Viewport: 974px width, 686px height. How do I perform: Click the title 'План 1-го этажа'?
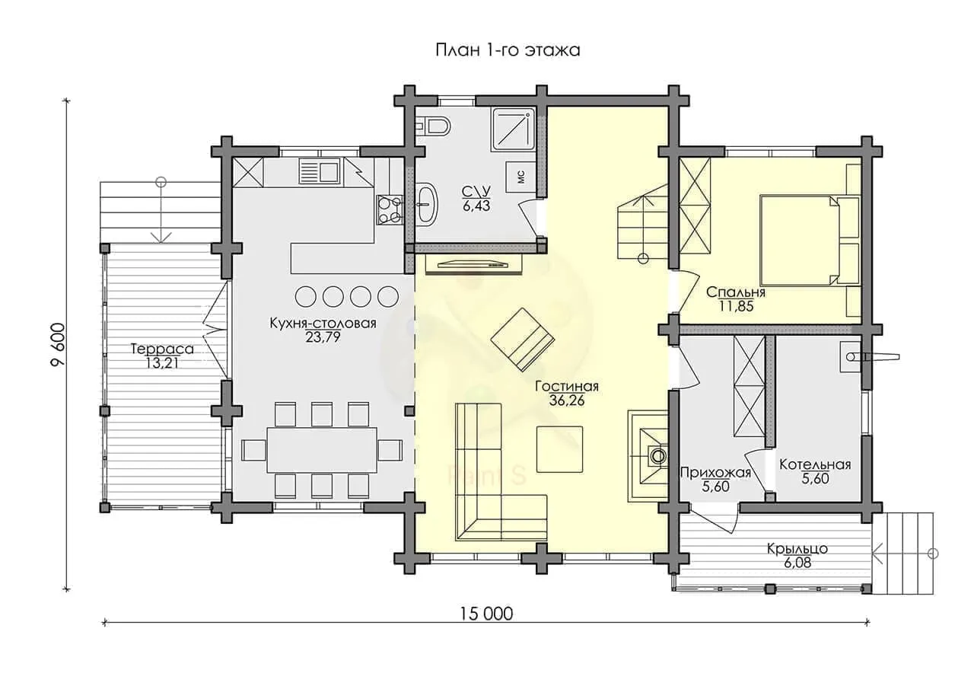pos(508,50)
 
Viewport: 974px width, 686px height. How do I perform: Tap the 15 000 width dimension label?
pos(486,614)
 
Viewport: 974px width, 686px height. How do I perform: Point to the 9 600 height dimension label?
pos(59,345)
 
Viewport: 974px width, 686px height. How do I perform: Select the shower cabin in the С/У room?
pos(514,130)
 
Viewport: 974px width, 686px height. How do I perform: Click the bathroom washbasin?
pos(428,205)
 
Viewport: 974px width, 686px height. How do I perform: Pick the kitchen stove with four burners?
pos(390,209)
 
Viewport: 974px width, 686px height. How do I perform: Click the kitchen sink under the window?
pos(319,171)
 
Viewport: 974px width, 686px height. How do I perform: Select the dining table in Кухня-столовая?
pos(321,450)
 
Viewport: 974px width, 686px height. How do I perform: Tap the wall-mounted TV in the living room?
pos(473,263)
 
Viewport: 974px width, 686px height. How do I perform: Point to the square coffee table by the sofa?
pos(559,449)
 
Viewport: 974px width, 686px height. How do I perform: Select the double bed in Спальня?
pos(810,241)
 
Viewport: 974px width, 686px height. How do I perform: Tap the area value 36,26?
pos(567,400)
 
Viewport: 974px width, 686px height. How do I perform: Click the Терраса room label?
pos(162,349)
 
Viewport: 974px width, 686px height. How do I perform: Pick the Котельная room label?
pos(815,464)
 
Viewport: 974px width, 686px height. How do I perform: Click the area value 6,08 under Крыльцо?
pos(797,563)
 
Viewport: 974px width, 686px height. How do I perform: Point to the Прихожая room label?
pos(715,472)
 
